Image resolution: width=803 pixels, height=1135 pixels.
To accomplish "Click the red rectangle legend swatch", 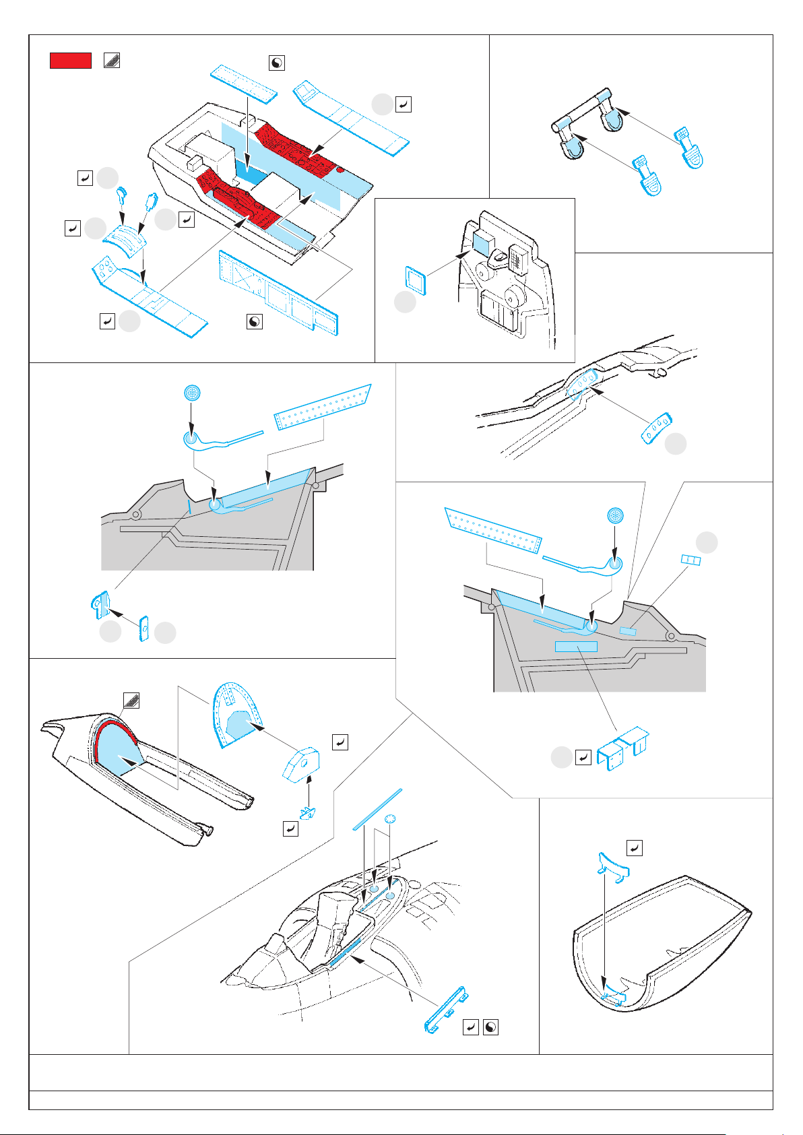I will pyautogui.click(x=70, y=60).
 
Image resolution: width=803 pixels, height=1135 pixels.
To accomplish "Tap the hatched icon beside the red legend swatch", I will pyautogui.click(x=112, y=60).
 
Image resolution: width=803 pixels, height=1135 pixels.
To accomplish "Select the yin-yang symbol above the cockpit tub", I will pyautogui.click(x=276, y=63).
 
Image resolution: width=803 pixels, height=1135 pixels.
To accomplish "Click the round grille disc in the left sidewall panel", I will pyautogui.click(x=193, y=393).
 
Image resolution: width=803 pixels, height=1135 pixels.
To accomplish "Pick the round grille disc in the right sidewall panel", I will pyautogui.click(x=614, y=517).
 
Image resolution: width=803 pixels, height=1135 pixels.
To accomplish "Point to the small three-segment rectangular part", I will pyautogui.click(x=690, y=560).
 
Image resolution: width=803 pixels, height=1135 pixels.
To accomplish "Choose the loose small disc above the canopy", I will pyautogui.click(x=389, y=819).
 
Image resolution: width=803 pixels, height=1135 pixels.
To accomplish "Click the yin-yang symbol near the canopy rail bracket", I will pyautogui.click(x=491, y=1027).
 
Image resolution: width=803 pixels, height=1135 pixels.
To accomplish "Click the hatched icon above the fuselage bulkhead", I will pyautogui.click(x=131, y=701).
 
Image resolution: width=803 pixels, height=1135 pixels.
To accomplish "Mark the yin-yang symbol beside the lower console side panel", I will pyautogui.click(x=254, y=321).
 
